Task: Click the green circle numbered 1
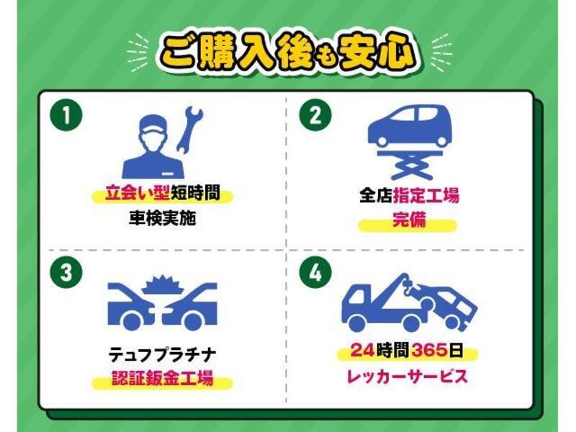click(66, 116)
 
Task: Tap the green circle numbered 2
click(315, 116)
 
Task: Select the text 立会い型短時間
click(162, 194)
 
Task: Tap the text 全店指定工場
click(409, 195)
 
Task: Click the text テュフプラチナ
click(161, 354)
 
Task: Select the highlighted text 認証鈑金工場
click(162, 378)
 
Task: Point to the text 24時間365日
click(408, 351)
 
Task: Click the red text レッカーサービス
click(408, 375)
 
